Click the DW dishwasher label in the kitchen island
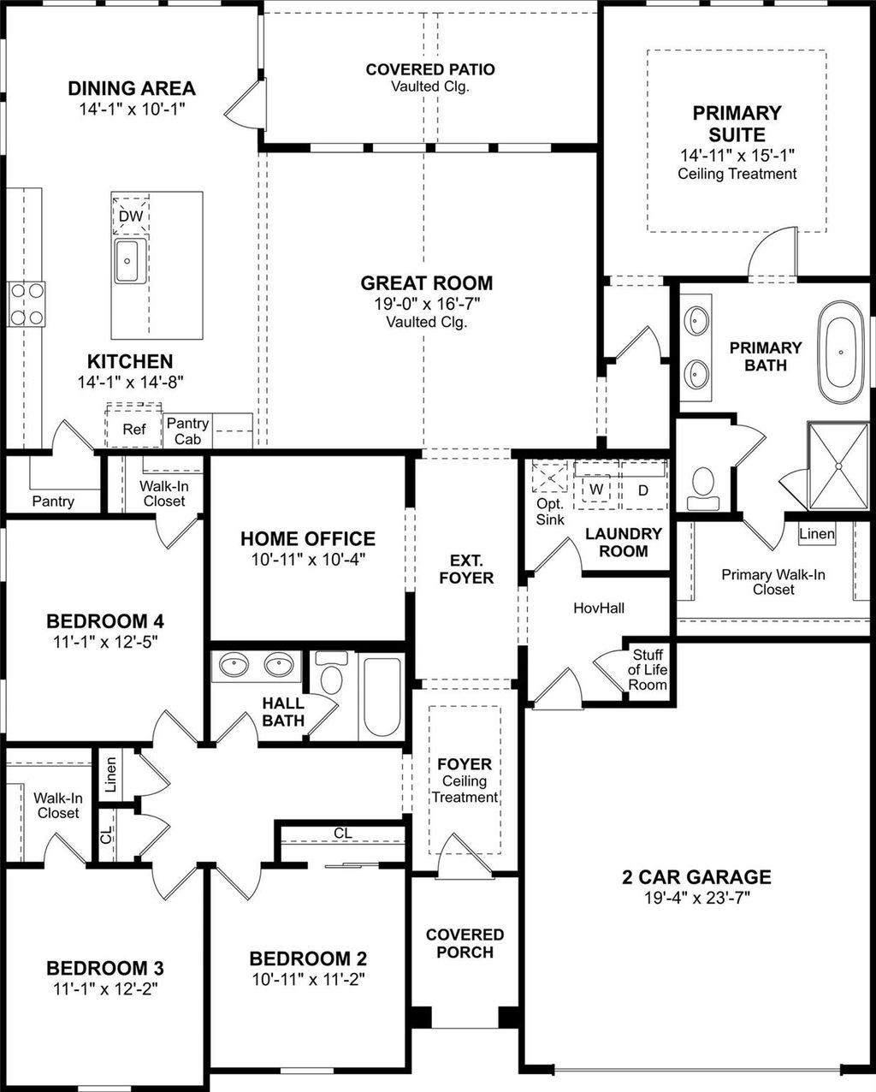pos(130,217)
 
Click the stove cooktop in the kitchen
pos(27,304)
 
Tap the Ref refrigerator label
pos(133,429)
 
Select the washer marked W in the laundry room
pos(596,490)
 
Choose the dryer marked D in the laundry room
pos(643,490)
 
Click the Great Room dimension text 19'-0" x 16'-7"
pos(426,304)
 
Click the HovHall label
pos(598,608)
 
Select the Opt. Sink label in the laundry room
pos(549,511)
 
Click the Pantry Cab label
pos(187,430)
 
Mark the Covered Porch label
pos(465,943)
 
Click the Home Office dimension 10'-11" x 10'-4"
pos(307,560)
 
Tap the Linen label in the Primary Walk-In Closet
pos(816,533)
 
